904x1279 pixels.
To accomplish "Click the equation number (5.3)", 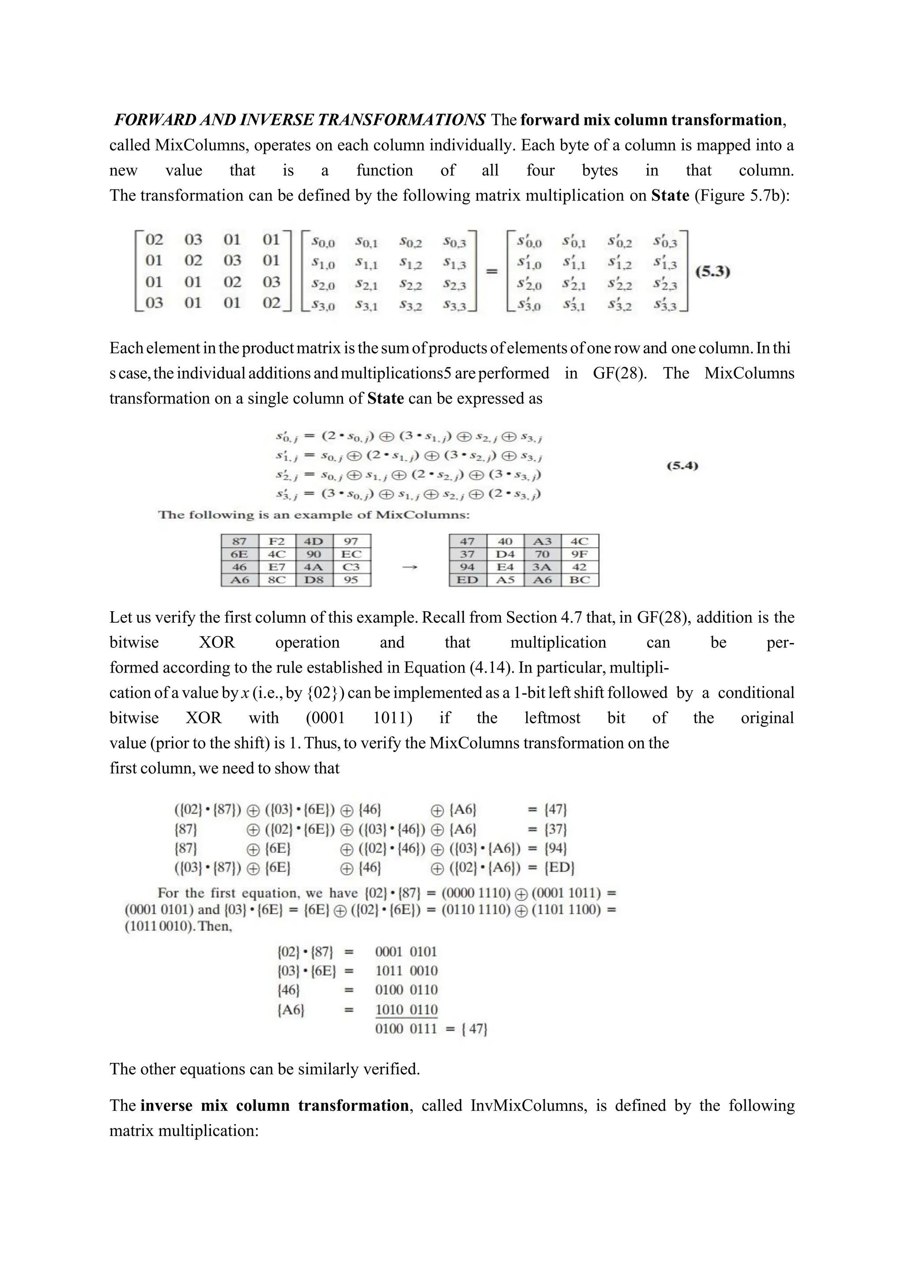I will (x=712, y=272).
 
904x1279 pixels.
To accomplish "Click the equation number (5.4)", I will (x=682, y=465).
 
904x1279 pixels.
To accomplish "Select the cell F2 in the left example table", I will (x=277, y=541).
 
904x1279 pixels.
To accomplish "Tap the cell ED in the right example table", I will (x=467, y=580).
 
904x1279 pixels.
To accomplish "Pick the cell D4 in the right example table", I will (x=505, y=554).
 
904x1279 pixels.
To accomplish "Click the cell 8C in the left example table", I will (x=277, y=580).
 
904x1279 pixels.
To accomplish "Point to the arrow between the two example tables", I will (x=410, y=567).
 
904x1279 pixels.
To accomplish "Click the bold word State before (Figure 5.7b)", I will (x=670, y=196).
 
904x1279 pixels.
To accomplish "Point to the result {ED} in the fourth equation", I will (x=559, y=867).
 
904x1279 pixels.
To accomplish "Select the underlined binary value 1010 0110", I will (x=407, y=1010).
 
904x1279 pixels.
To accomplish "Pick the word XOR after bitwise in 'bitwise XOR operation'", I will (x=217, y=642).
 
